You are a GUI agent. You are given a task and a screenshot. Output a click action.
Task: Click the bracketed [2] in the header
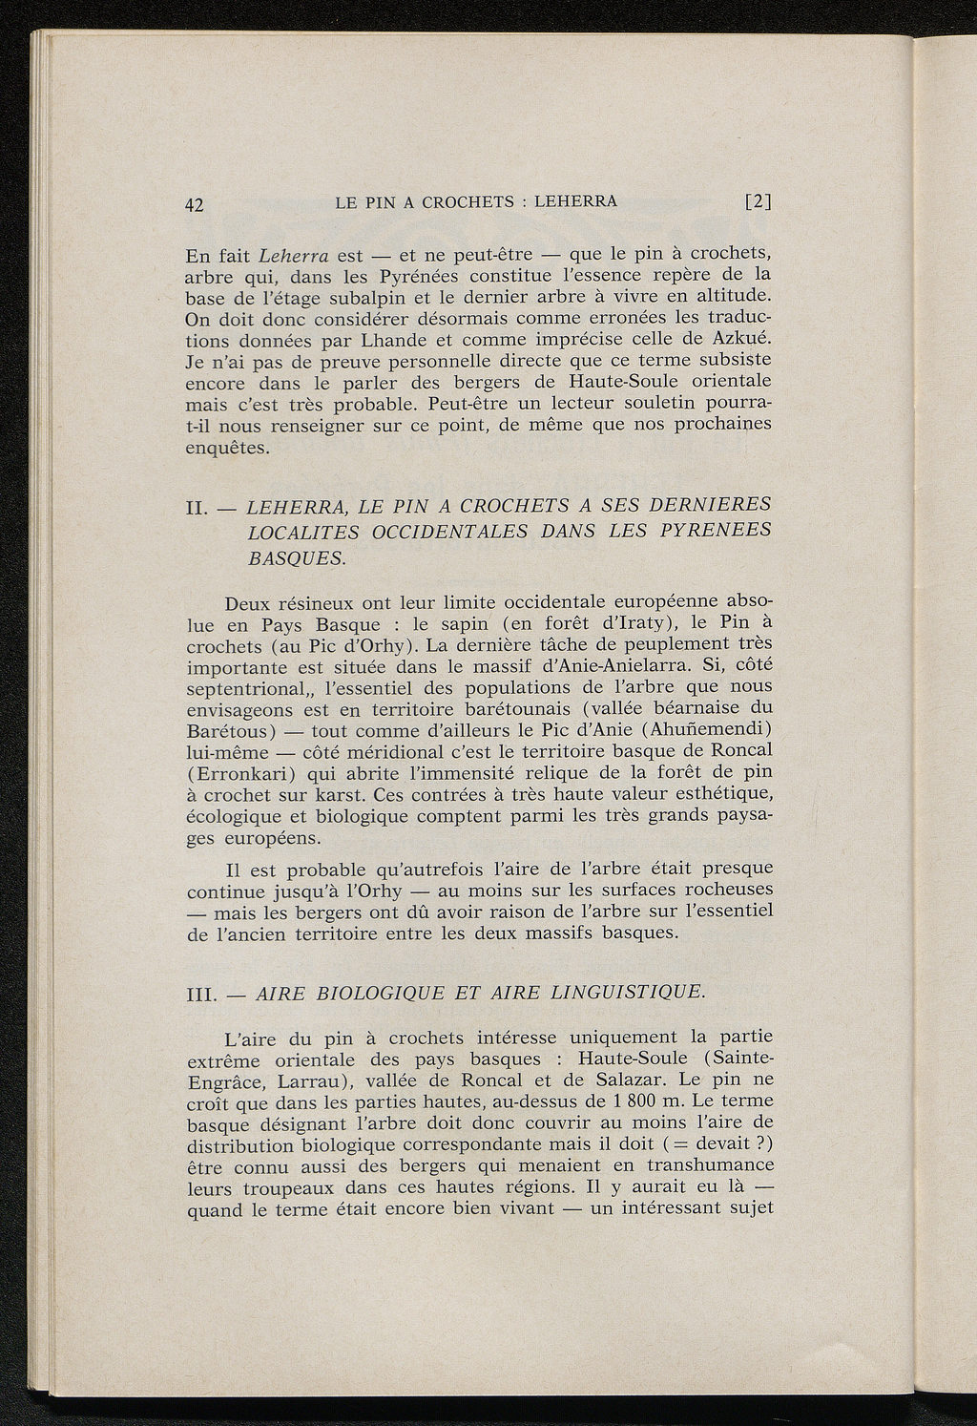pos(759,202)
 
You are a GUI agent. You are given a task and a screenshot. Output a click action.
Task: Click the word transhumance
pos(710,1165)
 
